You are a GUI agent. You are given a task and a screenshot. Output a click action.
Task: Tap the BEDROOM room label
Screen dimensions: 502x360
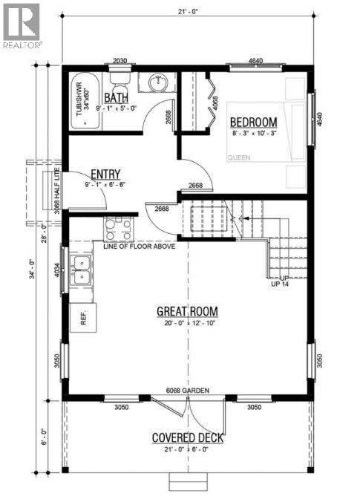(x=253, y=122)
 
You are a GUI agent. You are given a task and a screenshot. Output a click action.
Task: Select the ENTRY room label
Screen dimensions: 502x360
(x=106, y=173)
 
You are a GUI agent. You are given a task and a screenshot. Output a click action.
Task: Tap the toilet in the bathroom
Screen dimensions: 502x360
(x=119, y=76)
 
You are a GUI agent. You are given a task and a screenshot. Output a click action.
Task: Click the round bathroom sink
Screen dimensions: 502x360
(x=157, y=82)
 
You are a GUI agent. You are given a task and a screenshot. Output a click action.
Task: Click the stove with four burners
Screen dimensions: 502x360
(x=118, y=228)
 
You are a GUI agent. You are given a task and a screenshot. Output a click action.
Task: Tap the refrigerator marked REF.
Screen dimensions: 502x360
(x=82, y=319)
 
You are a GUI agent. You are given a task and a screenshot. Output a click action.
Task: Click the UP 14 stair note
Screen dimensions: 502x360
(x=280, y=283)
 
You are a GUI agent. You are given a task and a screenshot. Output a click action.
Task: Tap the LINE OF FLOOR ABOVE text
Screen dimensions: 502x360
(x=140, y=246)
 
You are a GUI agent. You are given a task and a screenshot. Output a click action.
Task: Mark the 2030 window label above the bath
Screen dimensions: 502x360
(x=120, y=61)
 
